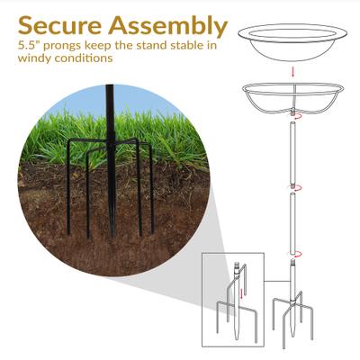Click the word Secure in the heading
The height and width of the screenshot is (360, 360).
tap(60, 25)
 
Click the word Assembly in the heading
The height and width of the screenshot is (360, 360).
tap(167, 25)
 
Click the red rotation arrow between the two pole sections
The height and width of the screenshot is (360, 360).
tap(292, 189)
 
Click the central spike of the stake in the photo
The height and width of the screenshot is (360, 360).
tap(111, 193)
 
